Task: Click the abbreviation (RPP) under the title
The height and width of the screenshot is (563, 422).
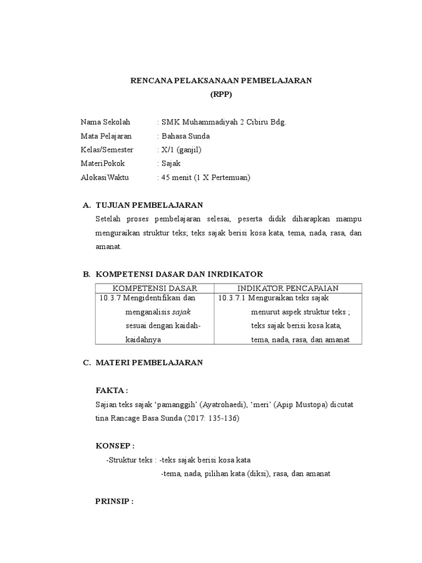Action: click(x=221, y=94)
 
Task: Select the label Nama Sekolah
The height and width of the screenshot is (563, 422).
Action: click(x=105, y=122)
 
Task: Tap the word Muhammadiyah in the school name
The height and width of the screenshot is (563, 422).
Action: click(x=211, y=122)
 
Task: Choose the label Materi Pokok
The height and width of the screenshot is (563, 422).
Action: click(x=103, y=163)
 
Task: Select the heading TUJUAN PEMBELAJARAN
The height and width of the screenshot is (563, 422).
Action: click(x=149, y=205)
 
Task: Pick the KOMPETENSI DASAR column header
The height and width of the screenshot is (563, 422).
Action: click(x=154, y=288)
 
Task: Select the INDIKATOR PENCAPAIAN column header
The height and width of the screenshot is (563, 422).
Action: click(x=287, y=288)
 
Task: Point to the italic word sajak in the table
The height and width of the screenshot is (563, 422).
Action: click(x=182, y=312)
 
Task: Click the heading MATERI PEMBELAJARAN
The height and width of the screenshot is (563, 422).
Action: click(x=149, y=363)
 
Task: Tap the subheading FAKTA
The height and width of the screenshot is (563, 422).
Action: click(x=111, y=390)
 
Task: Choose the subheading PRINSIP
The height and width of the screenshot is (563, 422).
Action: click(x=114, y=501)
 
